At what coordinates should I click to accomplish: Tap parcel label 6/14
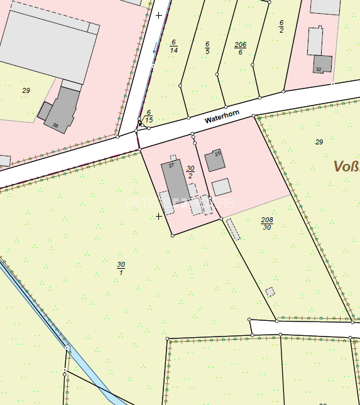pos(173,46)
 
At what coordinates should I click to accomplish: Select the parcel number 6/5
pos(207,48)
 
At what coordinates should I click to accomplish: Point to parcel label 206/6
pos(240,48)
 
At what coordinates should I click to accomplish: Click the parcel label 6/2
pos(281,26)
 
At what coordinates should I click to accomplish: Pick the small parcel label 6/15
pos(149,116)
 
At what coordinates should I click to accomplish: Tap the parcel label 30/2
pos(190,172)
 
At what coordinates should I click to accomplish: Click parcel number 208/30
pos(267,224)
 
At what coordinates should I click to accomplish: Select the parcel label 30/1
pos(121,268)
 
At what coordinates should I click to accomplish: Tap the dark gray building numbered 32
pos(322,64)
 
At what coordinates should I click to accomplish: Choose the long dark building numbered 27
pos(176,180)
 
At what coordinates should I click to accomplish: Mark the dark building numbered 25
pos(215,161)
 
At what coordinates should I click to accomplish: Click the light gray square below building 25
pos(221,187)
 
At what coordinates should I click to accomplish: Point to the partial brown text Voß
pos(346,166)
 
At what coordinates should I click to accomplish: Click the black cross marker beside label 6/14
pos(159,14)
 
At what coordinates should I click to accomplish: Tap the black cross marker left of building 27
pos(159,216)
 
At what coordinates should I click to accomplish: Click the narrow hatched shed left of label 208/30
pos(233,229)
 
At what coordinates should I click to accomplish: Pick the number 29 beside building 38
pos(26,90)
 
